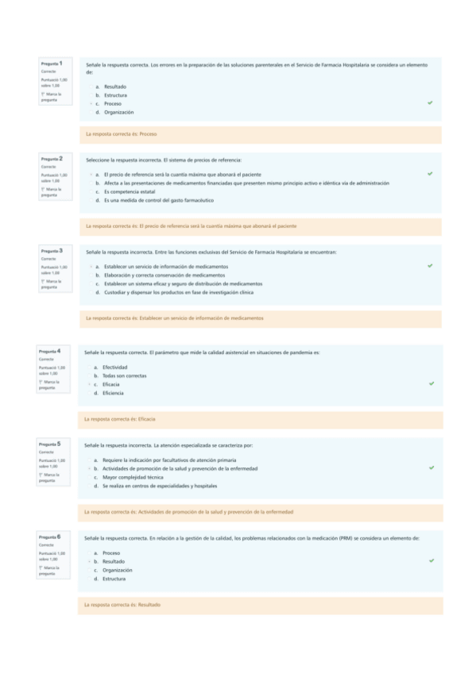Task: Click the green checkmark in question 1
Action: pyautogui.click(x=430, y=103)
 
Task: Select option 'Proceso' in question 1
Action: pyautogui.click(x=112, y=104)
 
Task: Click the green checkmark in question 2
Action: pyautogui.click(x=430, y=173)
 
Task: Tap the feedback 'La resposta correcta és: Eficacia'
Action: pyautogui.click(x=120, y=418)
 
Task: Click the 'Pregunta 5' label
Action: pyautogui.click(x=54, y=444)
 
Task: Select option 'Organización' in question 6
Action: pyautogui.click(x=117, y=570)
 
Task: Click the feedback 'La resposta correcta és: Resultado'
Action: pyautogui.click(x=122, y=605)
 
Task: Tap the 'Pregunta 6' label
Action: pyautogui.click(x=54, y=536)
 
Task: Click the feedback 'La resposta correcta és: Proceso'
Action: pyautogui.click(x=121, y=134)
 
